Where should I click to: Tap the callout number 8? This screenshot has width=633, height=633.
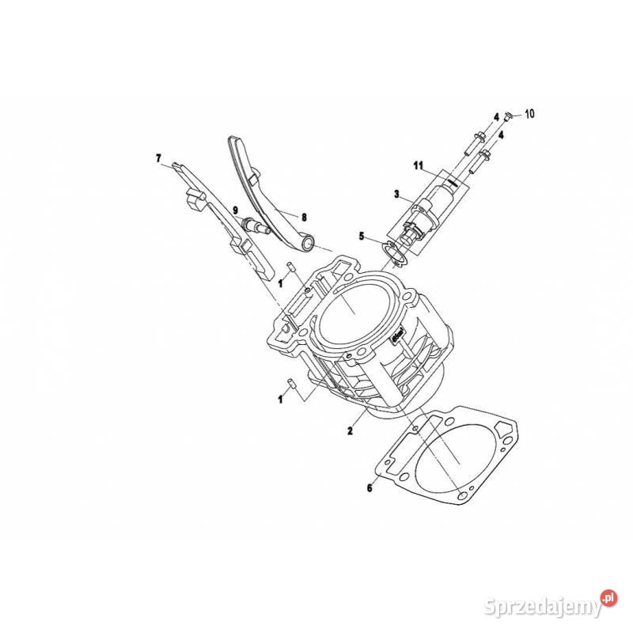[304, 215]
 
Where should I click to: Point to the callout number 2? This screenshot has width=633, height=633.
[349, 431]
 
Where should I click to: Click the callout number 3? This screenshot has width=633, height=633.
[397, 194]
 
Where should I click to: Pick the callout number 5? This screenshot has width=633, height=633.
[362, 236]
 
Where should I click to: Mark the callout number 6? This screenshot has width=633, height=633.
[369, 488]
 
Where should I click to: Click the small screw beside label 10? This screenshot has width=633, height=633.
[510, 116]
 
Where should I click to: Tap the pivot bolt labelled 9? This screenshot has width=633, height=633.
[257, 226]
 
